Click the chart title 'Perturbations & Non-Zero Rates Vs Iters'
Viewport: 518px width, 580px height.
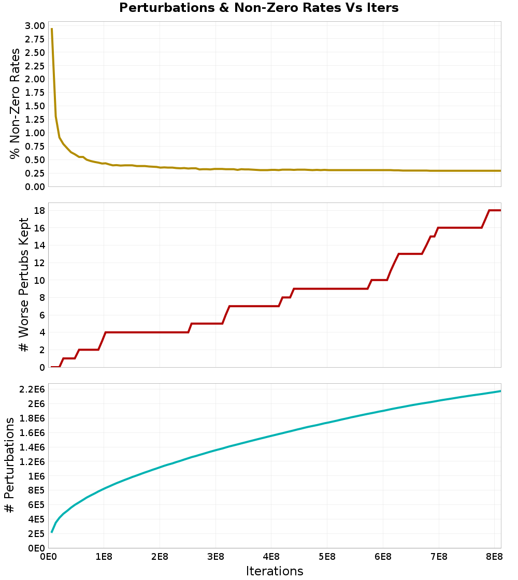click(x=258, y=8)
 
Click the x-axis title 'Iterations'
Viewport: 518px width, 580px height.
click(x=274, y=571)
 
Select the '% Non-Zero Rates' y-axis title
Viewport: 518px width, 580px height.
click(x=15, y=104)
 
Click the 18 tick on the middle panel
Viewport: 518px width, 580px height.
click(x=38, y=210)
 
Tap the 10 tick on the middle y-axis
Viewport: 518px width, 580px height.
click(x=38, y=280)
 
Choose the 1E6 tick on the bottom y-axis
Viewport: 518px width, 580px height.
click(x=36, y=476)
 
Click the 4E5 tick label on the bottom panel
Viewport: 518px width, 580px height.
click(x=36, y=519)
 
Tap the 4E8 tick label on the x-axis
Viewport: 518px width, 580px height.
click(x=271, y=557)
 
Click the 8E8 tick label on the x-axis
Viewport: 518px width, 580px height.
click(x=495, y=557)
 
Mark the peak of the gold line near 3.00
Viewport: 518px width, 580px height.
click(x=52, y=29)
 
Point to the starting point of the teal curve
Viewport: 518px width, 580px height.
click(x=52, y=532)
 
